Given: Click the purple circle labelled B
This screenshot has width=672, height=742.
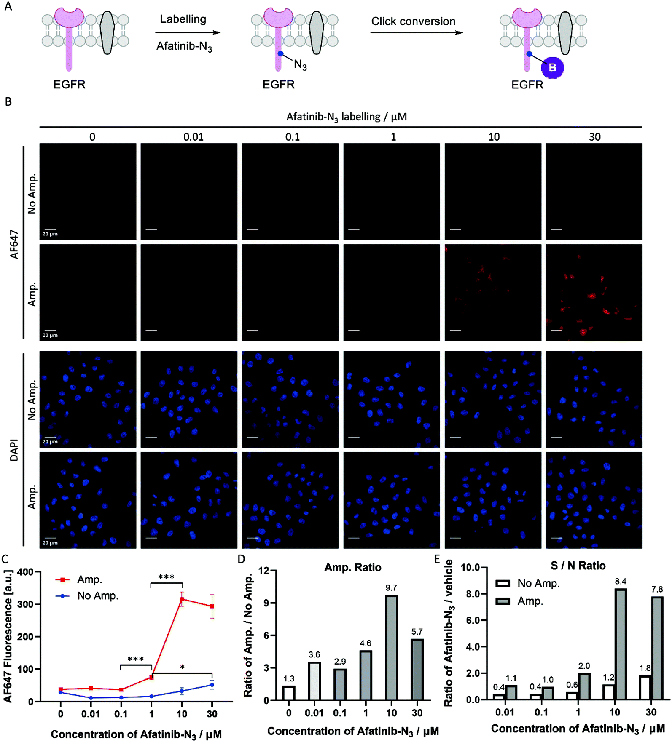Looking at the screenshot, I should point(552,67).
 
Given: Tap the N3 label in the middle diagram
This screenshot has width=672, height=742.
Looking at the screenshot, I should point(300,65).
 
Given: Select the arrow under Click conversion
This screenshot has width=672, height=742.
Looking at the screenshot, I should point(417,33).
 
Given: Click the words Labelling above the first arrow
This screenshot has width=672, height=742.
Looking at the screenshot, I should point(183,19).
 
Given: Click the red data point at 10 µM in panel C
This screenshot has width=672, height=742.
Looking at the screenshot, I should point(182,599).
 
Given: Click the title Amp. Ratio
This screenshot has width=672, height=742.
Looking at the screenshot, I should point(352,567).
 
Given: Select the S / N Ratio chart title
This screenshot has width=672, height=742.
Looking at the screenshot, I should point(578,566).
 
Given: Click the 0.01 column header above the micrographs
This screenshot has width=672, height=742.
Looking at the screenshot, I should point(193,137).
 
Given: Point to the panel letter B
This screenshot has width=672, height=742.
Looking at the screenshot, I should point(8,102).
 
